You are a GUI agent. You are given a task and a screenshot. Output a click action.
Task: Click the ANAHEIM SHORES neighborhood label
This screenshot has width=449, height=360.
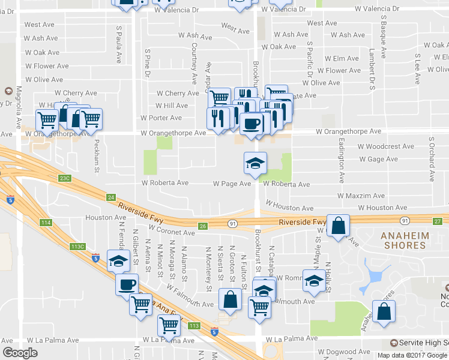(411, 240)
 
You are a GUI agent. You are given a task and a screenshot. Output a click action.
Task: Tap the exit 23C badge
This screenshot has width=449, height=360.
(65, 178)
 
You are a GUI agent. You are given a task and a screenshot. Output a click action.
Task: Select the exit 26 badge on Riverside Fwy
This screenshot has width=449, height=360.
(203, 226)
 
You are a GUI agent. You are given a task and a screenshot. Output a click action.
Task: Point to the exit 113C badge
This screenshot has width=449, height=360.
(77, 247)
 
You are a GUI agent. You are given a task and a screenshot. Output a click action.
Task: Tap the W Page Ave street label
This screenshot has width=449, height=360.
(232, 184)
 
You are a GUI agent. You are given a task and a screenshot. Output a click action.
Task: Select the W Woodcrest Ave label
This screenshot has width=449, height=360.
(385, 146)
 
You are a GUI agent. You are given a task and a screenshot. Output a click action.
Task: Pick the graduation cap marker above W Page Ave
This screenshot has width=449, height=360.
(255, 163)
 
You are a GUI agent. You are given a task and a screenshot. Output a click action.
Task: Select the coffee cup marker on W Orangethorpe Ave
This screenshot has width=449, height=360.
(251, 124)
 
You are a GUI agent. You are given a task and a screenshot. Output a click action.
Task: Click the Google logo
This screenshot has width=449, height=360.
(20, 353)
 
